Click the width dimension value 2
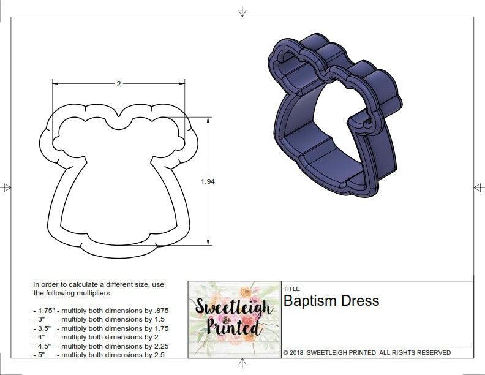[x=118, y=84]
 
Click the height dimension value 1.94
[x=208, y=181]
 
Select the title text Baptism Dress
[x=331, y=301]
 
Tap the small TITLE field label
[x=291, y=289]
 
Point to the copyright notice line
[x=367, y=352]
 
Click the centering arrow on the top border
[x=242, y=11]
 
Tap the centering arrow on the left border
[x=7, y=187]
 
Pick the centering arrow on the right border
[x=478, y=187]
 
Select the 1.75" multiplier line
[x=100, y=311]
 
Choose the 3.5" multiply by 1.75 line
[x=100, y=328]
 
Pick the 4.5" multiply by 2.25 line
[x=100, y=346]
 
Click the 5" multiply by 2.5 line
[x=98, y=355]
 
